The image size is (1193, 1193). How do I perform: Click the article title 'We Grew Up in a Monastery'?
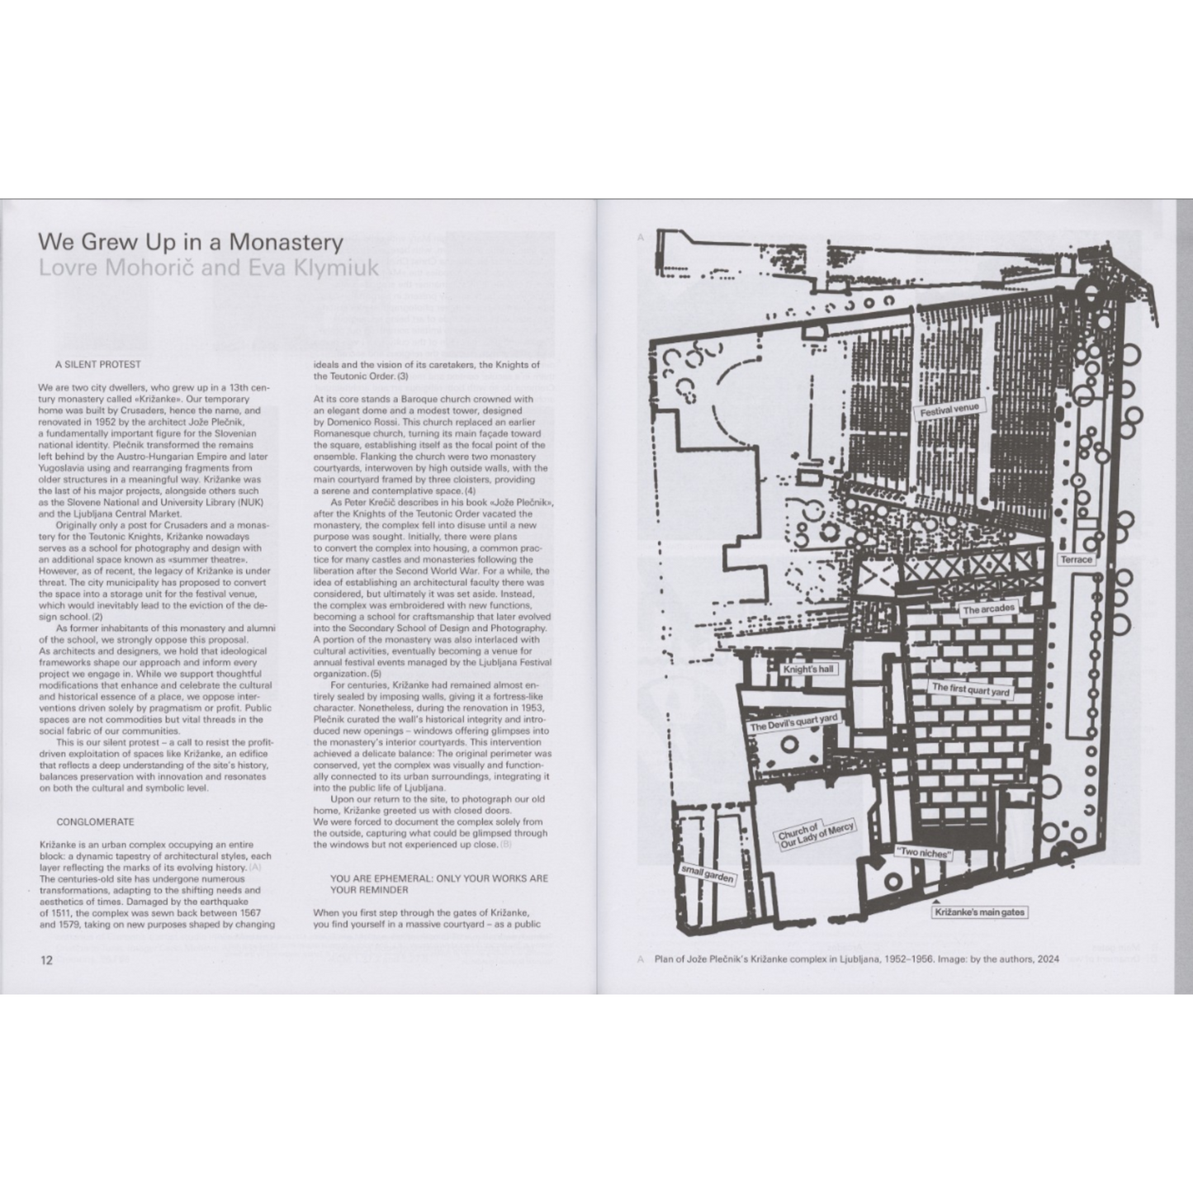pos(190,242)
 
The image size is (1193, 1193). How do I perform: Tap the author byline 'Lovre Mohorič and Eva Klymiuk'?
pos(208,267)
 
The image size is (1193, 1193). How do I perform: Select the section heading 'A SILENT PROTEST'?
pos(98,364)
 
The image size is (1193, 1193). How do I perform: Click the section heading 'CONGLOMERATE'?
pos(95,822)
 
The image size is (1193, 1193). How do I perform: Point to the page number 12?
pos(46,960)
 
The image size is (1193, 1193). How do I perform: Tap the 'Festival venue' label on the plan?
pos(949,410)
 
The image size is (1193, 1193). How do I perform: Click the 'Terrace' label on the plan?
pos(1076,560)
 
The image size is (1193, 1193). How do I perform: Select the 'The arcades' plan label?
pos(988,609)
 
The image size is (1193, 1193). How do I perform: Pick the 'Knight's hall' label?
pos(807,669)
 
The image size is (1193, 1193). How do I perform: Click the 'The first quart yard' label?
pos(970,689)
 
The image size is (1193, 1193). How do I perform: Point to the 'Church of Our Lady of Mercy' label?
pos(815,836)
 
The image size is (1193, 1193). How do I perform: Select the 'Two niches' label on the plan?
pos(923,853)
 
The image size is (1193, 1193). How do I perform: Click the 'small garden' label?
pos(707,873)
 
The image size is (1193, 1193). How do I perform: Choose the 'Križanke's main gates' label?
pos(980,912)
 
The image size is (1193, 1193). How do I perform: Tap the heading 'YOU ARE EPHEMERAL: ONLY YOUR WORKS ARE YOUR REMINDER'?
pos(438,884)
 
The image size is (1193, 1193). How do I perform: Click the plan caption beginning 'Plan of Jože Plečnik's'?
pos(856,959)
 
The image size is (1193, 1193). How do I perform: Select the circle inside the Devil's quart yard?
pos(789,745)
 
